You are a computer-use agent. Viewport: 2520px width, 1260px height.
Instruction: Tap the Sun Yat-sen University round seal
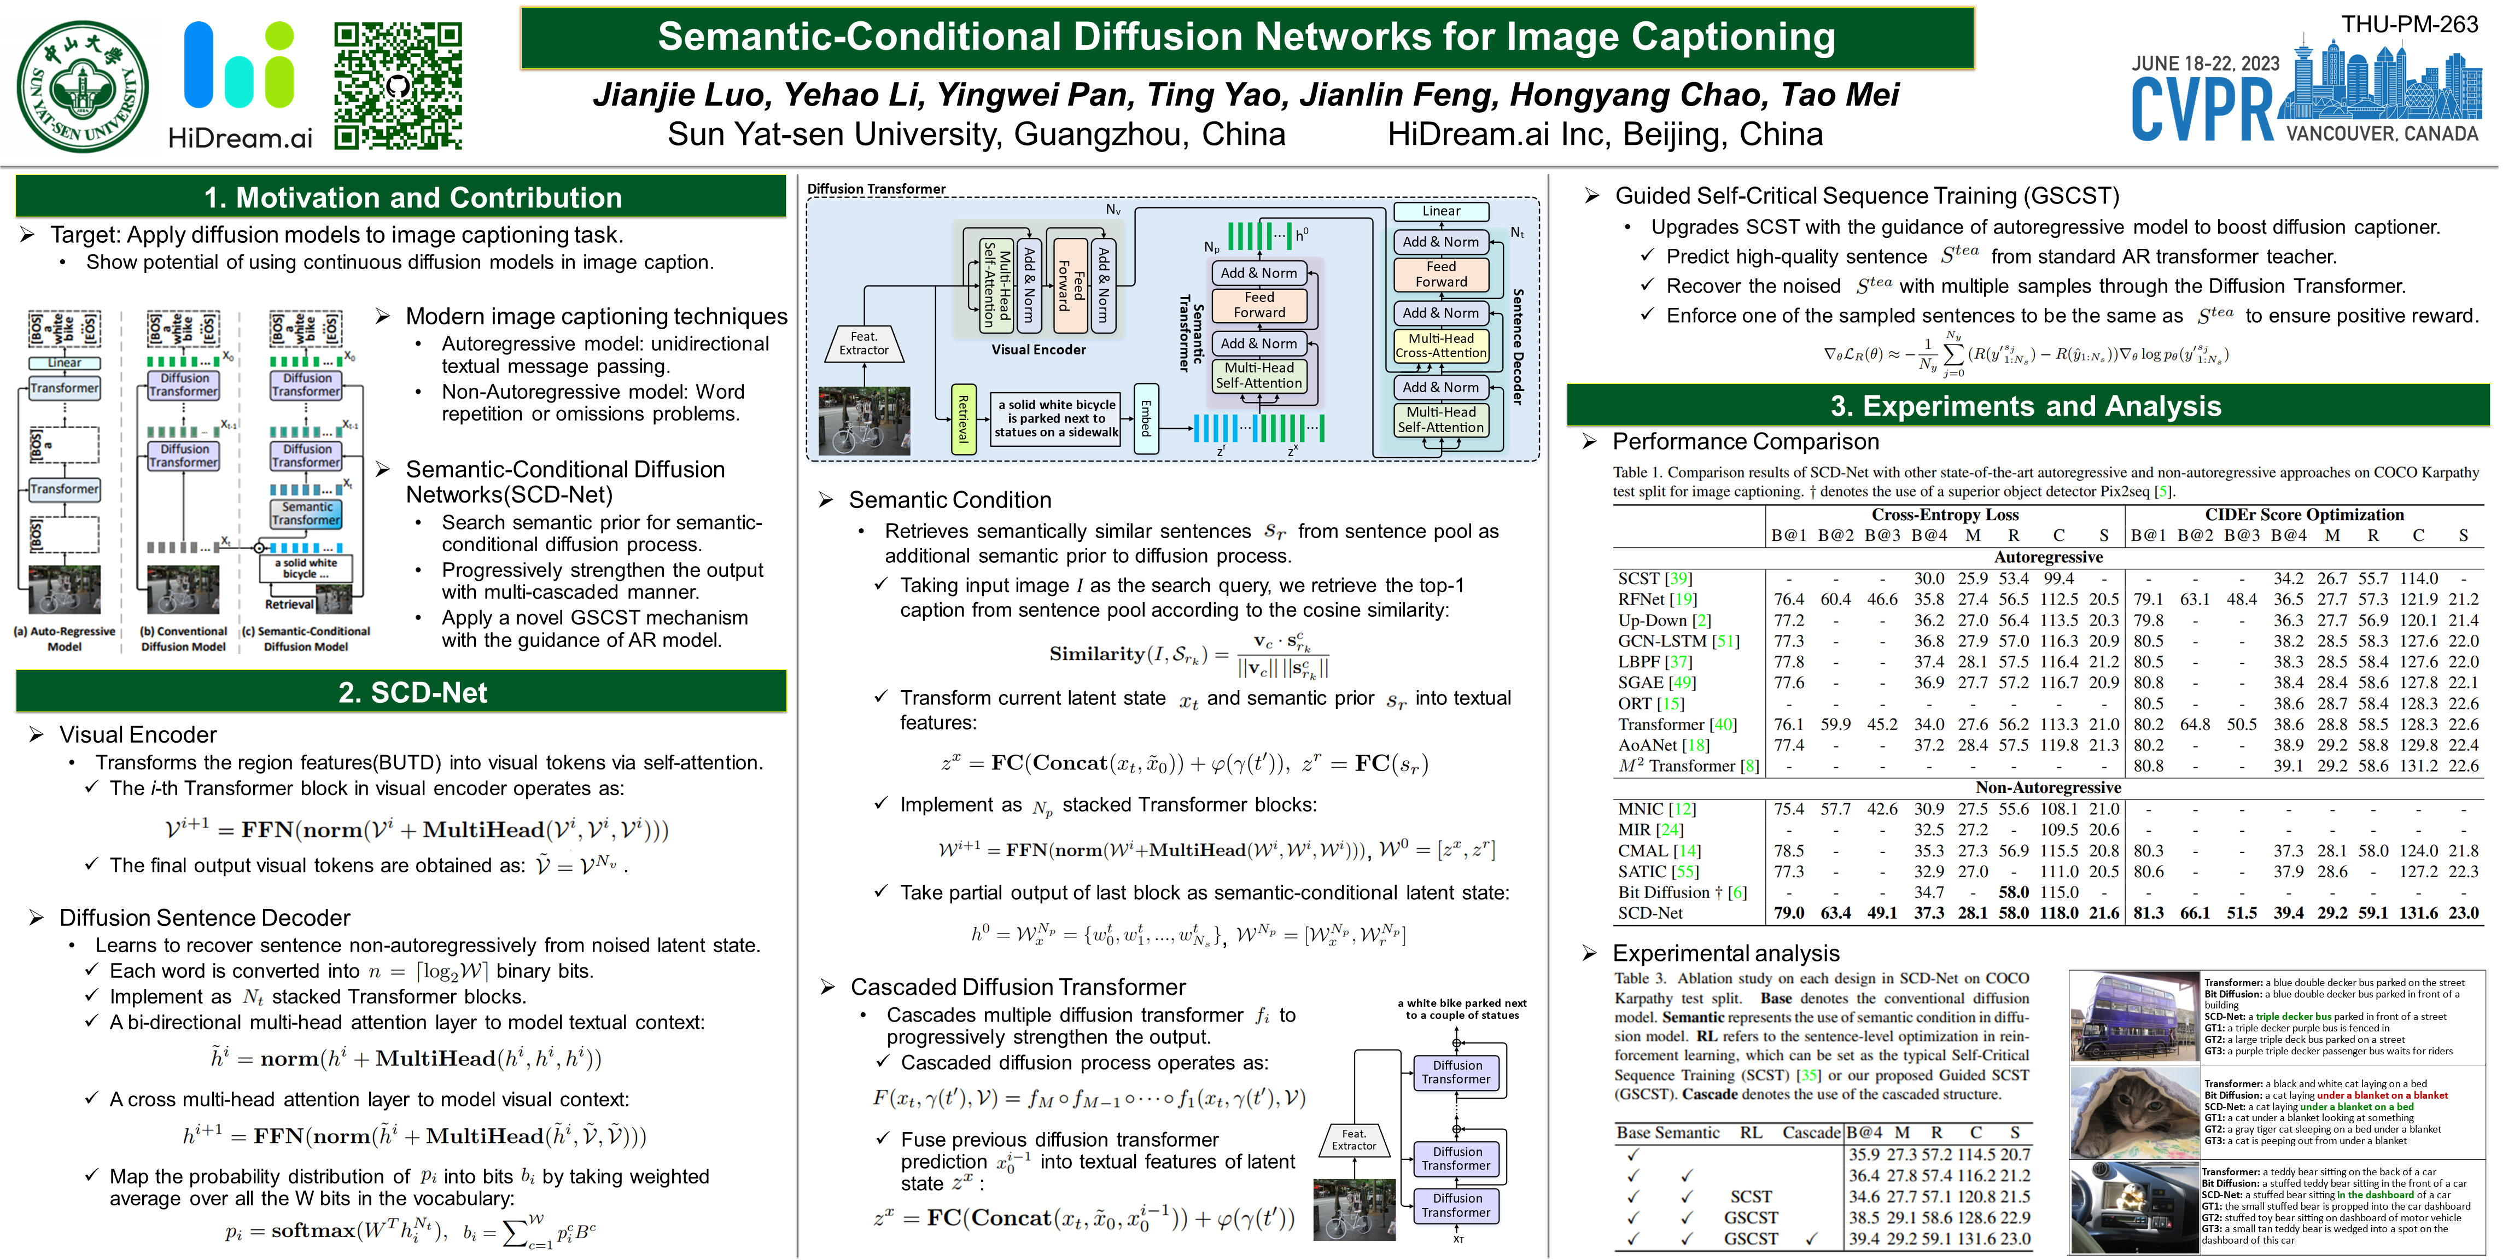pyautogui.click(x=83, y=86)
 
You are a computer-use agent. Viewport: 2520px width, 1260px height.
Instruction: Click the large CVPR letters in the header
pyautogui.click(x=2202, y=109)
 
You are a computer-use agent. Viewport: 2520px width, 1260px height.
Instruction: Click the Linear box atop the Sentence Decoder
pyautogui.click(x=1441, y=211)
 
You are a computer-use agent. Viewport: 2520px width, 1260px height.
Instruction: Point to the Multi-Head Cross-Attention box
pyautogui.click(x=1441, y=345)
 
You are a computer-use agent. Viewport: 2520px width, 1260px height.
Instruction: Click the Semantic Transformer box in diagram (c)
pyautogui.click(x=307, y=514)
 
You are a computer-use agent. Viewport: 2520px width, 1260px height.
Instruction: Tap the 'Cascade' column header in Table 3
pyautogui.click(x=1811, y=1133)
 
